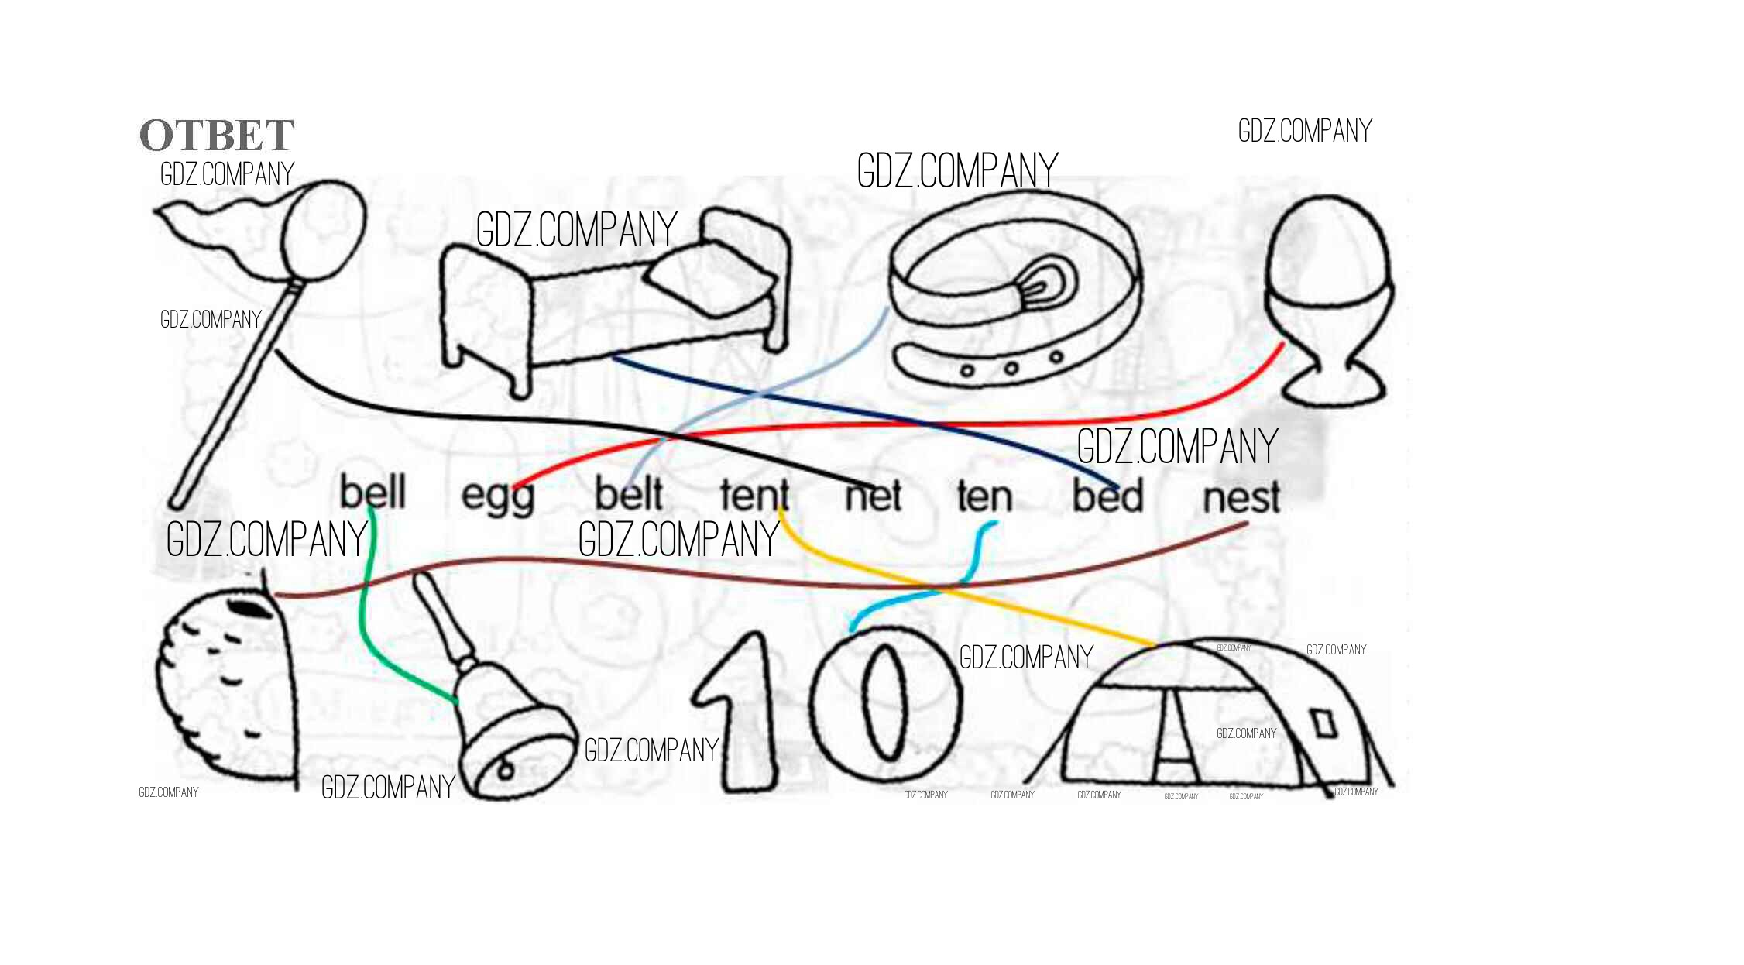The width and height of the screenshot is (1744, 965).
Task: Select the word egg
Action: point(498,496)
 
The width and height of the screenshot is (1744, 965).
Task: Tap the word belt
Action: point(629,494)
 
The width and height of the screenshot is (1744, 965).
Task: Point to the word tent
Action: point(754,495)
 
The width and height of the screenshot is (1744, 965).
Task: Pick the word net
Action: point(874,496)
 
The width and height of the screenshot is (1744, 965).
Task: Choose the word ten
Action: point(984,496)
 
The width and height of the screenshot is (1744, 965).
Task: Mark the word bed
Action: point(1107,496)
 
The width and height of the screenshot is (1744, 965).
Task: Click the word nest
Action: point(1241,496)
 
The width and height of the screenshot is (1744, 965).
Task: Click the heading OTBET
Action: point(217,136)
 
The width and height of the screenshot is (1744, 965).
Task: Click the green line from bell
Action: point(362,612)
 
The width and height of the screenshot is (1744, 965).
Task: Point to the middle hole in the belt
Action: point(1011,368)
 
